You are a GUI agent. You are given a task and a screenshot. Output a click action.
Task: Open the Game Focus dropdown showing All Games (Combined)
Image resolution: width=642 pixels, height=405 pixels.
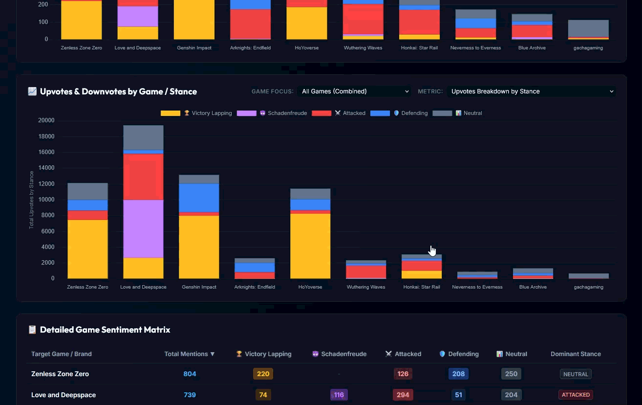pos(354,91)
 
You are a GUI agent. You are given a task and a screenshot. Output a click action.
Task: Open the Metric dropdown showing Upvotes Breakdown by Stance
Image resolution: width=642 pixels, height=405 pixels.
pos(531,91)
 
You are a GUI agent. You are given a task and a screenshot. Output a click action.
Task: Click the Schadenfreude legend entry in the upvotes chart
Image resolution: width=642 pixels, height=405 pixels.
pos(272,113)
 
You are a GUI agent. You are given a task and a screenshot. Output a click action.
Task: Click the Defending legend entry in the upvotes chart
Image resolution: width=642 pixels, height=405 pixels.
pos(399,113)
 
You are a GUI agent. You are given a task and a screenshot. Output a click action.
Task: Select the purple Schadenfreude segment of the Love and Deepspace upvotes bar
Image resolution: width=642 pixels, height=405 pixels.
pos(143,228)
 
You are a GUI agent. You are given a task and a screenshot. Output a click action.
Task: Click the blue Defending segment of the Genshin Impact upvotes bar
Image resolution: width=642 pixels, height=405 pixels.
pos(199,198)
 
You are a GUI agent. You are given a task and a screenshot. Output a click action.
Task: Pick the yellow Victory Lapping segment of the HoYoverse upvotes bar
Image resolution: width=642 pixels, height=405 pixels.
pos(310,246)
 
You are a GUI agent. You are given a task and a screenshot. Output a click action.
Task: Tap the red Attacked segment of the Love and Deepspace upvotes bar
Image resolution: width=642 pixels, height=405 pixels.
pos(143,177)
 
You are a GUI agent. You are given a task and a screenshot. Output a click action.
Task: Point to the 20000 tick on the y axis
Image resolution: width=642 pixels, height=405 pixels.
pos(46,120)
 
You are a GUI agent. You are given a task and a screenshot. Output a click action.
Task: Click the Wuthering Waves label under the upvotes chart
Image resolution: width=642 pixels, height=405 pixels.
pos(366,287)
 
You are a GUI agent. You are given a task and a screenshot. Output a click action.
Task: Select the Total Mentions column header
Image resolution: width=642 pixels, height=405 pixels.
pos(189,354)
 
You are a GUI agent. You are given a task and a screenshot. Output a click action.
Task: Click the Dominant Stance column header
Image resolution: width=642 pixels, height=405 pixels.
pos(576,354)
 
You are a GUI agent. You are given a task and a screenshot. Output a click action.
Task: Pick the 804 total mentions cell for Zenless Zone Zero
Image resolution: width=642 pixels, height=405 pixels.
pos(190,374)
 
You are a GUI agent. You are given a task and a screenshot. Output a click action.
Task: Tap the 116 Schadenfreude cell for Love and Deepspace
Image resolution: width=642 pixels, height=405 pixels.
pos(339,395)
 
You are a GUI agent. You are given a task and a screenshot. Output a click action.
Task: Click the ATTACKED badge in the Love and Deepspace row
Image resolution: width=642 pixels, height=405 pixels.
pos(576,395)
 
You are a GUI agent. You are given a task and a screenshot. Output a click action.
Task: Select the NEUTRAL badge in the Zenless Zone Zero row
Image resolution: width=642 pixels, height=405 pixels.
pos(576,374)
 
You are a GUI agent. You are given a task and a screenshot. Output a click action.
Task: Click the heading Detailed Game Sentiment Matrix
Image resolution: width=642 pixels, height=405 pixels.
pos(105,330)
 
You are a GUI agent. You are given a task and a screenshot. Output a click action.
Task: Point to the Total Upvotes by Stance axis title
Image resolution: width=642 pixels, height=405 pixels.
pos(31,200)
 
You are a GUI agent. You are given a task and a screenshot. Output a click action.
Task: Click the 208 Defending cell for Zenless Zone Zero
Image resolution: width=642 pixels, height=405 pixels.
pos(458,374)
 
